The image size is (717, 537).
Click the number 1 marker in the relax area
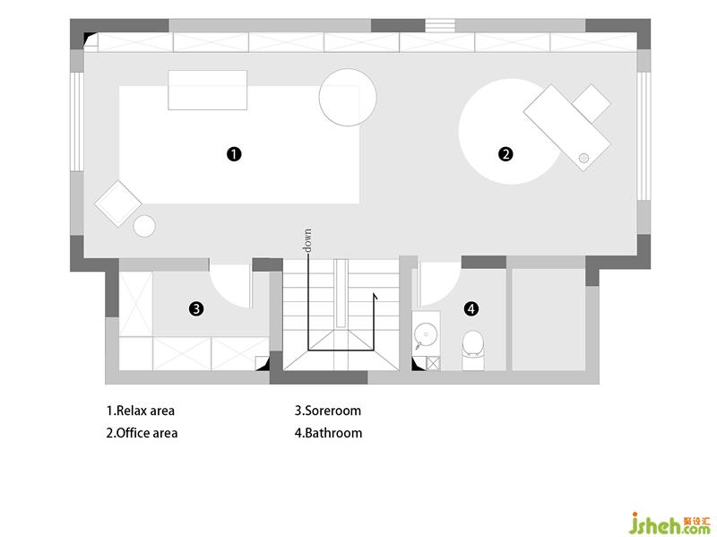pos(234,154)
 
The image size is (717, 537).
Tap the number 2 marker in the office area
pos(505,154)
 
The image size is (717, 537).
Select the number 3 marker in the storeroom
pos(196,308)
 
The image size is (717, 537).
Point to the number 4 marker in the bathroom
pos(471,308)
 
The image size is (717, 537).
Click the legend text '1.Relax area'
pos(141,411)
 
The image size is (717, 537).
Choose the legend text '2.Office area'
pos(142,433)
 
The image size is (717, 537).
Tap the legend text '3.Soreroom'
pos(328,411)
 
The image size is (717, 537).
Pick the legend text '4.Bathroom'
pos(328,433)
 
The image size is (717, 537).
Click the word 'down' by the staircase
pos(307,240)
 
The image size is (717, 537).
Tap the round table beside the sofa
pos(348,97)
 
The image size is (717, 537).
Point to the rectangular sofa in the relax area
pos(208,91)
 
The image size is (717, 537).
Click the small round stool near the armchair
pos(144,226)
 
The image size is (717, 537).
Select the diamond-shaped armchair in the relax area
pos(118,204)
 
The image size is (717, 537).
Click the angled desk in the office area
pos(567,127)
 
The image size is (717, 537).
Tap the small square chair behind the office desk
pos(592,104)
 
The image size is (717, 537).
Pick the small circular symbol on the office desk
pos(583,158)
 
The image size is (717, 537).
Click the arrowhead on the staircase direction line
pos(375,297)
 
